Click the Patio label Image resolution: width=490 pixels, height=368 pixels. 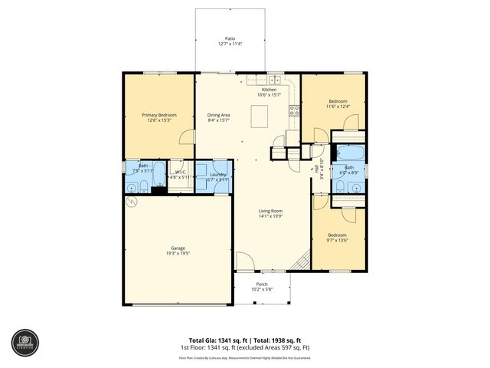point(230,38)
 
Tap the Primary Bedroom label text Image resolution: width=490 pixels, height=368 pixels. point(159,115)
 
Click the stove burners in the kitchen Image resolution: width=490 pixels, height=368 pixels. point(292,111)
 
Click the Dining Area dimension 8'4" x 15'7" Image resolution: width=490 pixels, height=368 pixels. point(218,120)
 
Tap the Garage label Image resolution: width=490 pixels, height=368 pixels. point(178,248)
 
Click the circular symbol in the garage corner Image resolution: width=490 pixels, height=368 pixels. point(131,202)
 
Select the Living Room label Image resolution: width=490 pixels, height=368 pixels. point(270,212)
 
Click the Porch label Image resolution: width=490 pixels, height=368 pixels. point(262,284)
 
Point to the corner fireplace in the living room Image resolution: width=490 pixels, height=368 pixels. point(301,261)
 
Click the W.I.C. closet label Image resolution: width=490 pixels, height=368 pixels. point(181,172)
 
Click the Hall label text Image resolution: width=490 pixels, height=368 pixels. point(315,168)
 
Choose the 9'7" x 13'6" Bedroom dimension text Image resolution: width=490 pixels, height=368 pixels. point(338,240)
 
